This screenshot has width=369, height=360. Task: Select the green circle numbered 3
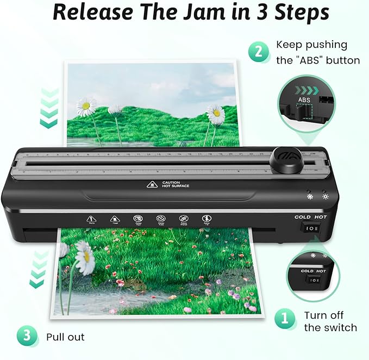point(27,337)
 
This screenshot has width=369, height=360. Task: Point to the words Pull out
point(65,337)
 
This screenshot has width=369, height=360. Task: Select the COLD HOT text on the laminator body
point(310,218)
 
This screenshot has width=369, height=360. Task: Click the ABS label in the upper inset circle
point(304,101)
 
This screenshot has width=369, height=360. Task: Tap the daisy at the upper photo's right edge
point(216,114)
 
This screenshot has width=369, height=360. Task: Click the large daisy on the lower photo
point(84,258)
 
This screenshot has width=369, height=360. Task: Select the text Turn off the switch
point(330,321)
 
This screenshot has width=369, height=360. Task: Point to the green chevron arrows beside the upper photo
point(49,109)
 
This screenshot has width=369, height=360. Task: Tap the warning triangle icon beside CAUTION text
point(151,185)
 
